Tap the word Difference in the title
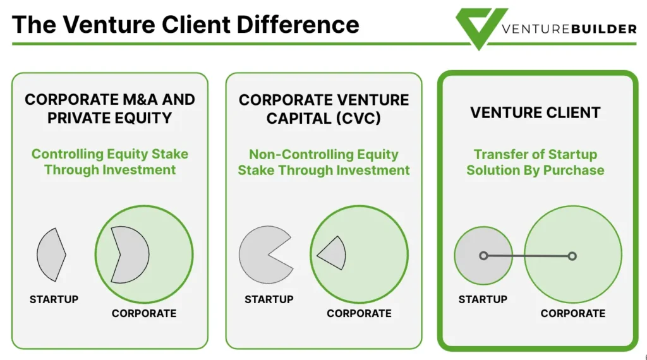[x=298, y=25]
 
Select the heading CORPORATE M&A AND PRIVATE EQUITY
[x=110, y=109]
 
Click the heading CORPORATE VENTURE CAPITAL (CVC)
[x=324, y=109]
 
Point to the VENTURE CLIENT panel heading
[x=535, y=112]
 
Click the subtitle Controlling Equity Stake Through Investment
[x=110, y=162]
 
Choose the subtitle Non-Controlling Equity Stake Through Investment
[x=324, y=162]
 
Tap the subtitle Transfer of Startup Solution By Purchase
[x=535, y=162]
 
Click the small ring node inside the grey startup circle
[x=483, y=256]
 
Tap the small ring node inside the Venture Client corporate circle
[x=572, y=256]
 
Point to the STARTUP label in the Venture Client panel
[x=483, y=299]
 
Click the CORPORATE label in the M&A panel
[x=144, y=313]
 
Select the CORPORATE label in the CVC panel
[x=359, y=313]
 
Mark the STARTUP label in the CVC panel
[x=269, y=299]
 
